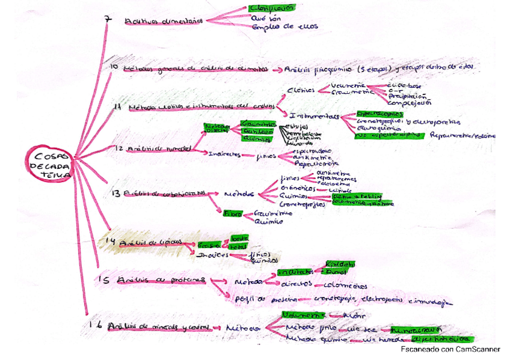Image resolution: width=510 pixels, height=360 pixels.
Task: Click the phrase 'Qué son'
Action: click(263, 18)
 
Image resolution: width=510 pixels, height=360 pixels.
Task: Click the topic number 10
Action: click(114, 68)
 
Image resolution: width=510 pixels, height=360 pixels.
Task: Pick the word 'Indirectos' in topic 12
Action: click(224, 154)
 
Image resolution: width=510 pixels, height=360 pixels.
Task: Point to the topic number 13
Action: click(116, 193)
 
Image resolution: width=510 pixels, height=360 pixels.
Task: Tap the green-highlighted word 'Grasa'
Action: click(208, 245)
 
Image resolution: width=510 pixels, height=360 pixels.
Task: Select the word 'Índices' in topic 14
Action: click(212, 255)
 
